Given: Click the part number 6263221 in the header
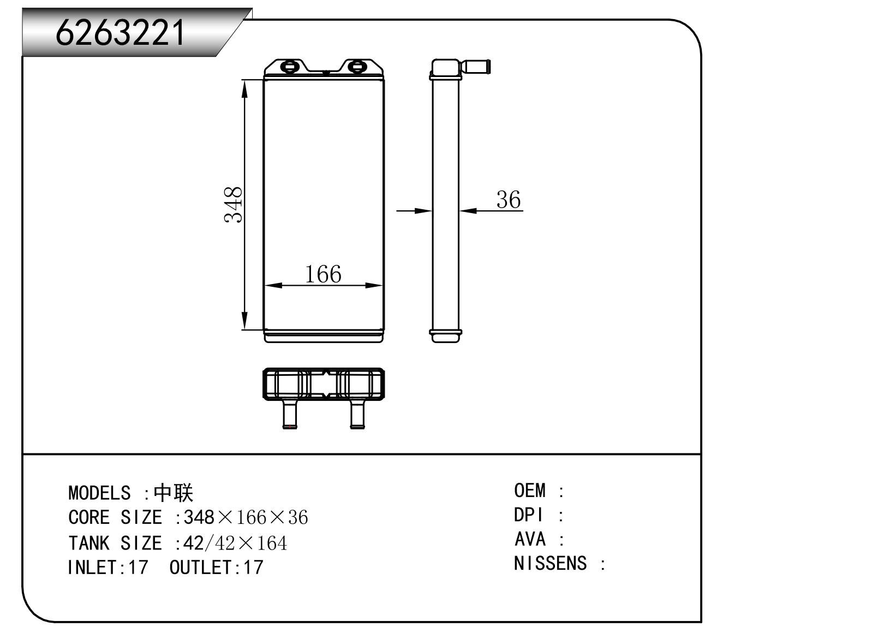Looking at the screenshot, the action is point(120,32).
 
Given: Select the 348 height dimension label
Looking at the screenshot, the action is point(233,205).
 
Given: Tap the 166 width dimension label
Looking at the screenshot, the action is point(323,274).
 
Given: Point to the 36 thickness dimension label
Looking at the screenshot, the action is point(509,199).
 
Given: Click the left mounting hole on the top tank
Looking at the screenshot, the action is point(290,67).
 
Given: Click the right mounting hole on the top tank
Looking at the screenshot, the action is point(357,67).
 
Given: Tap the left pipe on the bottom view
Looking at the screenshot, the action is point(290,414).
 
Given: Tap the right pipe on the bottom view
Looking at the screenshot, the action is point(357,414).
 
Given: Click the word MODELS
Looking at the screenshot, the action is point(99,493).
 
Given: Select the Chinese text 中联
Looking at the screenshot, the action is point(173,493).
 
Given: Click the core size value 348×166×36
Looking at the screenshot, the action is point(246,517).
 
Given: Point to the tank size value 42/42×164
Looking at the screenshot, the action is point(235,543).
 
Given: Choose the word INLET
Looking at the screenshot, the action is point(92,568).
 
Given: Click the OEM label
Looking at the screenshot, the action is point(530,491).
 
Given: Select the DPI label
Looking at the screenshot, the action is point(528,515).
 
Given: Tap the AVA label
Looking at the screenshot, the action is point(530,539).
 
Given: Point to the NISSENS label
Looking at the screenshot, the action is point(550,563).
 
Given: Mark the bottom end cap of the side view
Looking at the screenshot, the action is point(446,336).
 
